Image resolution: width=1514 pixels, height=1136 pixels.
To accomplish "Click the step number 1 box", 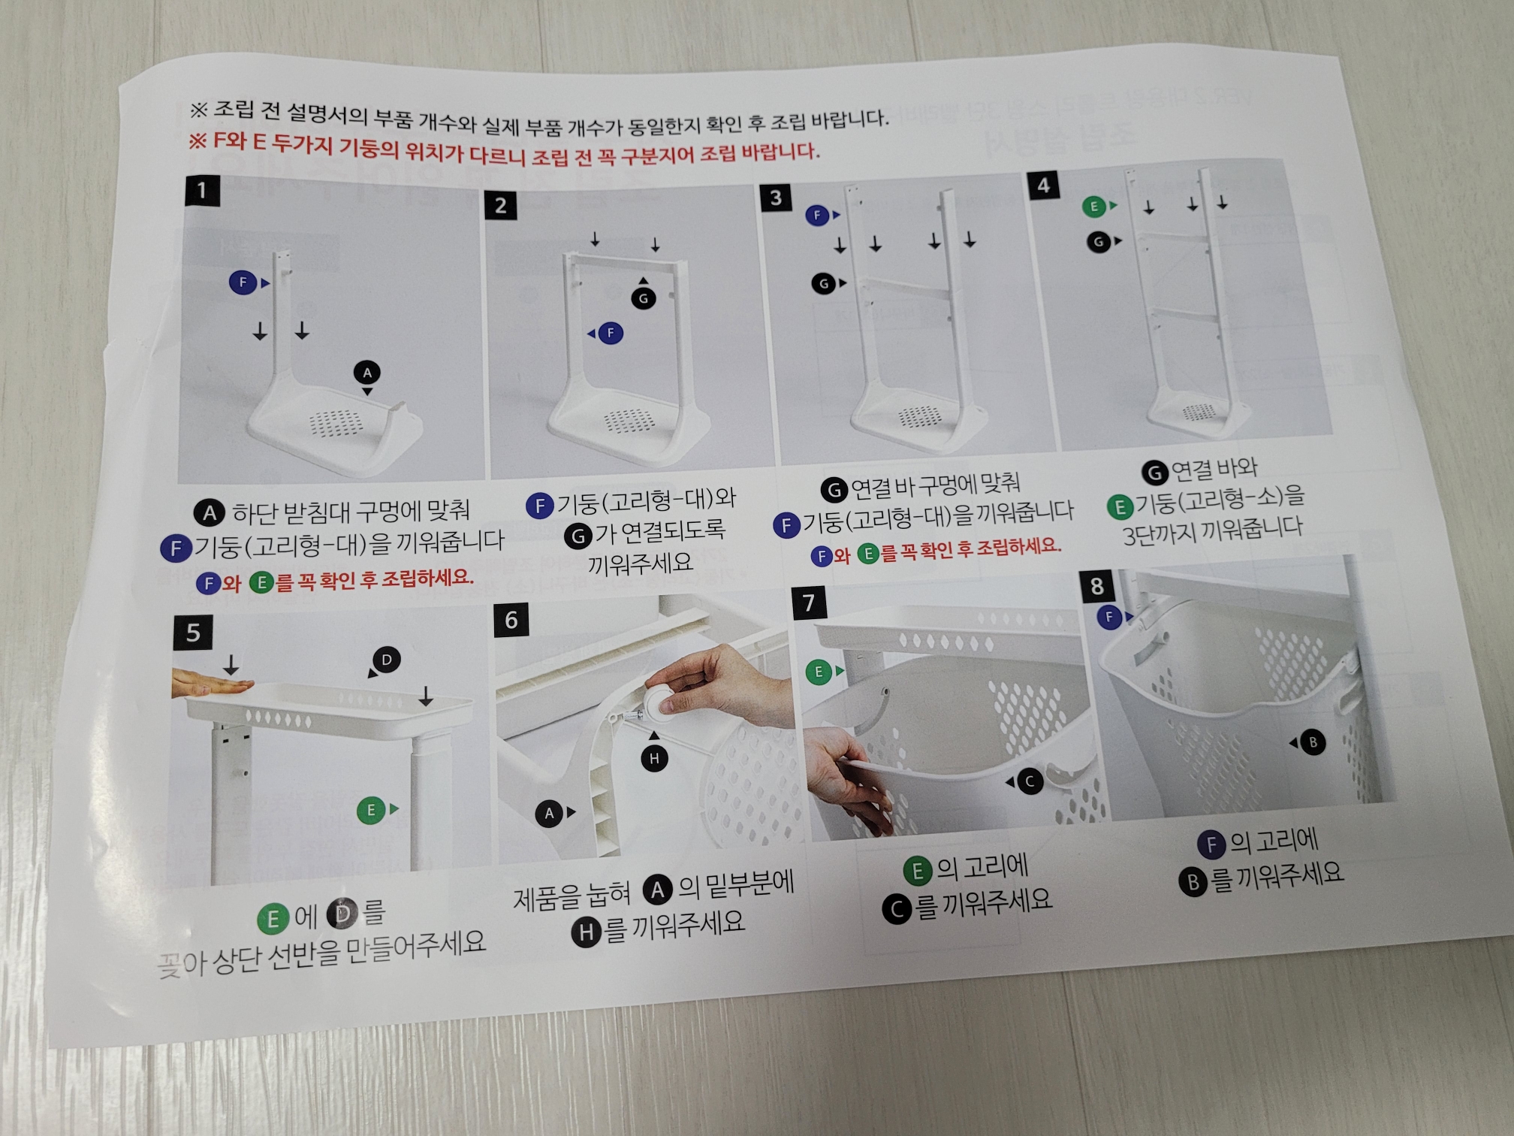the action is (x=202, y=190).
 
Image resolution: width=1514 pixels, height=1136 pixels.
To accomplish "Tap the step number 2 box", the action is (x=500, y=205).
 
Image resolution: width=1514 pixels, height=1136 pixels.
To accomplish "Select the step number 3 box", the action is (x=776, y=198).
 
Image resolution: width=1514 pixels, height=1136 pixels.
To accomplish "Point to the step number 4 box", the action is (x=1043, y=186).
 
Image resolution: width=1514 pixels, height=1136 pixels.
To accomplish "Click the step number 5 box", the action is (x=193, y=633).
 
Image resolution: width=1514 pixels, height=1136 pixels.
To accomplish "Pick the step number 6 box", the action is (x=511, y=620).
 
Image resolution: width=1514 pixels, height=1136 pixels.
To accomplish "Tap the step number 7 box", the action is (x=809, y=603).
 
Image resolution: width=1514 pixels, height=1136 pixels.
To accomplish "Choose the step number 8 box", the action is (x=1096, y=585).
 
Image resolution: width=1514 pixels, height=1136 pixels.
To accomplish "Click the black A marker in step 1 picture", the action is (x=367, y=373).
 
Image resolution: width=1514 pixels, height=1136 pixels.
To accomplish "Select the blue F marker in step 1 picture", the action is (x=243, y=282).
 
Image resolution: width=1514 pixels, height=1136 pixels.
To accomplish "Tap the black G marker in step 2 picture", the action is (x=643, y=298).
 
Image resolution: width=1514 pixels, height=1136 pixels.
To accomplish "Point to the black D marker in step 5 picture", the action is (x=387, y=660).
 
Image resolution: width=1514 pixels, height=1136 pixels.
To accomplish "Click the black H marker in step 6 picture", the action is (x=654, y=759).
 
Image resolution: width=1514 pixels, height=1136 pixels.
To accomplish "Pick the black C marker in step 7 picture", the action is (x=1030, y=782).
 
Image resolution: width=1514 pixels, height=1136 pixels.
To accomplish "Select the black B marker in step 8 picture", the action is (x=1313, y=742).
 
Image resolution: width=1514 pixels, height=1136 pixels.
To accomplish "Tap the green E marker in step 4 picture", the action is (x=1093, y=206).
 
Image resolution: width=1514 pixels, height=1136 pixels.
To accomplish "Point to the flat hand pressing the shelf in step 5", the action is (x=212, y=682).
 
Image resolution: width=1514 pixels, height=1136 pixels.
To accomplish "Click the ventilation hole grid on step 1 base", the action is (x=336, y=423).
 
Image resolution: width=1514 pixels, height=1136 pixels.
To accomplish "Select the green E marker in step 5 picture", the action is (x=371, y=811).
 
